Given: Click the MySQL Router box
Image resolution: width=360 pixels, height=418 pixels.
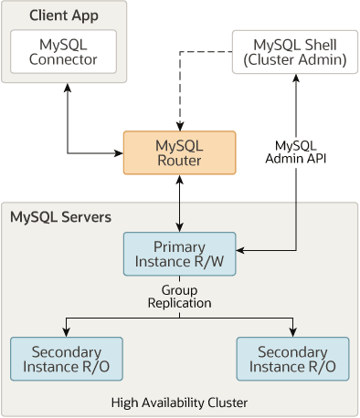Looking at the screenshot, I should coord(179,153).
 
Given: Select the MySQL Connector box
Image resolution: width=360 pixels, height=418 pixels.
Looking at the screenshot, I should coord(63,52).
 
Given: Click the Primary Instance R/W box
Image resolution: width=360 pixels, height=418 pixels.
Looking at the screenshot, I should coord(179,255).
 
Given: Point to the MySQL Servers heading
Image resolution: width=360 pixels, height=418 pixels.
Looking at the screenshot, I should coord(60,217).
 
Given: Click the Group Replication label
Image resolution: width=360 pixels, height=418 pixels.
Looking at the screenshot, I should coord(179,295).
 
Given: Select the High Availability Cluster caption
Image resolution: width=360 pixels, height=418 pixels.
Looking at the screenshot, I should coord(179,402).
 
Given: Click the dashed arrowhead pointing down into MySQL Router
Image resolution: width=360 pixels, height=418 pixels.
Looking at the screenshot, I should coord(179,126).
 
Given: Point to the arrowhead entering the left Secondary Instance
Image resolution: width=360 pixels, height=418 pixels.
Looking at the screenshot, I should coord(65,332).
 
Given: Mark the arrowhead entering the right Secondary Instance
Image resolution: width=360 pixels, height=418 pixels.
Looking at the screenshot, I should coord(292,332).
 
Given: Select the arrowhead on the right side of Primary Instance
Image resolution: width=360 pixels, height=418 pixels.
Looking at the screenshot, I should coord(241,247).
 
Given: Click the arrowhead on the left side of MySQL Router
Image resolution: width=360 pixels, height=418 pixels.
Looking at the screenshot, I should coord(119,152).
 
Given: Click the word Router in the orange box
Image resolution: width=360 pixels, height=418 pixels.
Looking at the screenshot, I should coord(179,162).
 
